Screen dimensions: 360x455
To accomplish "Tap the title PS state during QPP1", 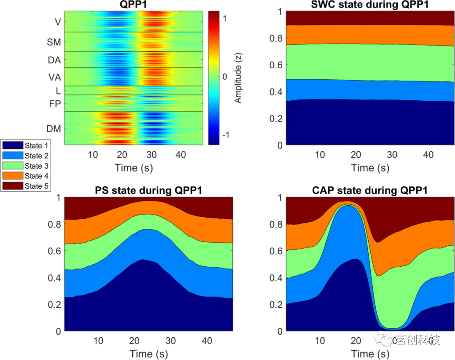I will (x=148, y=190).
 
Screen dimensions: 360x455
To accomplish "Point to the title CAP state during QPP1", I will (x=370, y=190).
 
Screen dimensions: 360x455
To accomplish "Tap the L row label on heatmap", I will (x=58, y=90).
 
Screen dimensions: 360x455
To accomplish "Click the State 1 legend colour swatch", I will (x=13, y=146).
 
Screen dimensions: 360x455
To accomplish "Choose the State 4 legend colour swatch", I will (x=13, y=176).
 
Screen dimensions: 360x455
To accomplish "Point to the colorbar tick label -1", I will (x=225, y=135).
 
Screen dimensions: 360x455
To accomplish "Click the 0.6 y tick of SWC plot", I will (x=274, y=64).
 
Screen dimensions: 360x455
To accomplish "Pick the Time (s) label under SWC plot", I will (x=370, y=168).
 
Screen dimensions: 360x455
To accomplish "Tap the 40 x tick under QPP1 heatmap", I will (x=181, y=155).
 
